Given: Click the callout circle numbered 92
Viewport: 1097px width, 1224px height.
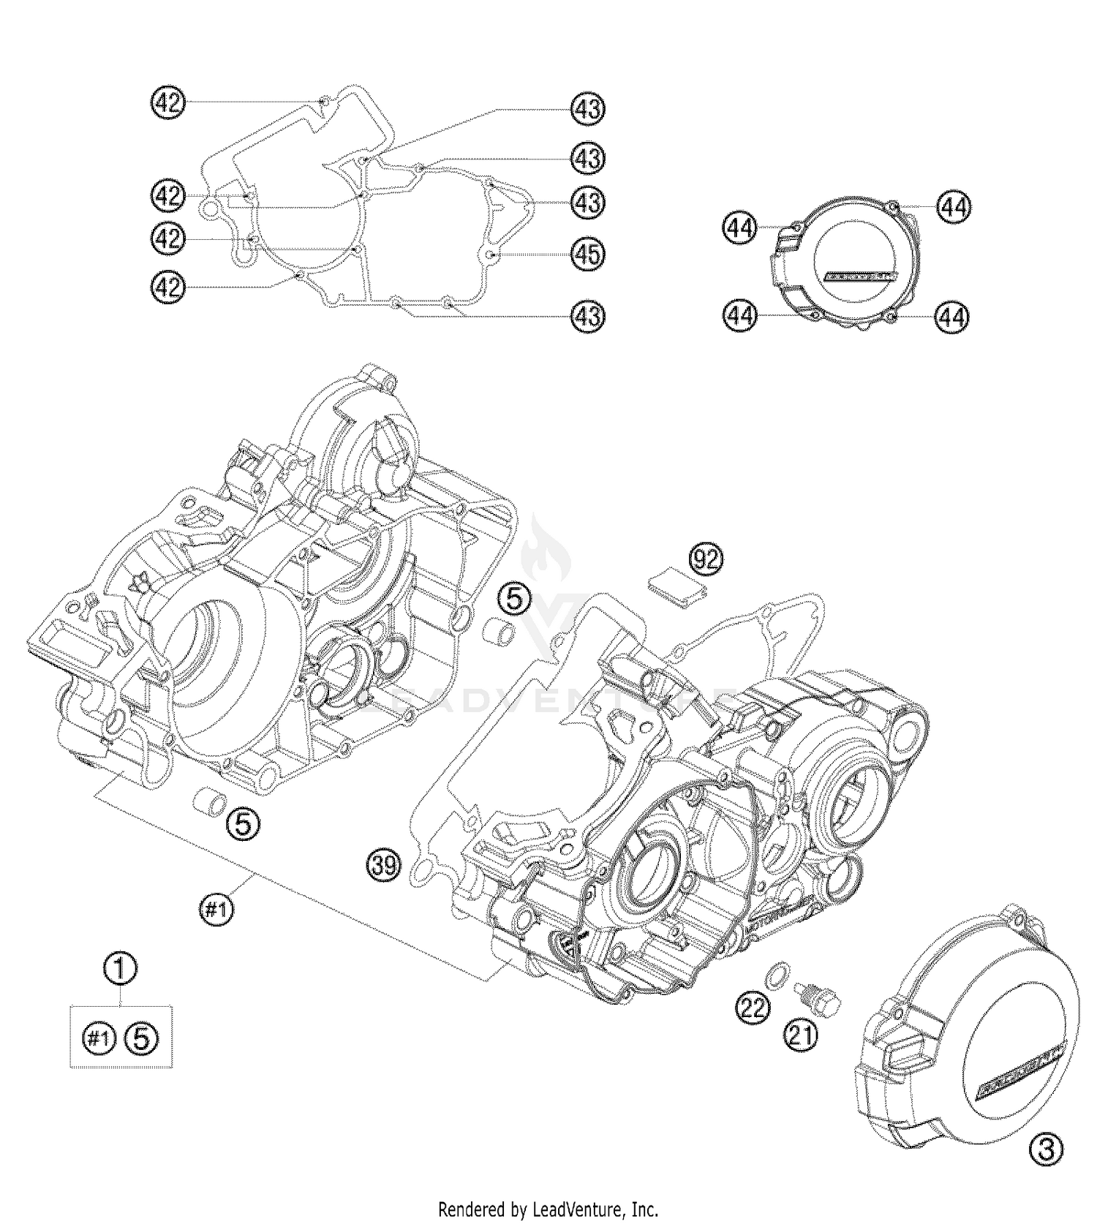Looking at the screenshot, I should click(706, 560).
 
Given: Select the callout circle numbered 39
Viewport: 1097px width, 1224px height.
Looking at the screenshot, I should click(384, 866).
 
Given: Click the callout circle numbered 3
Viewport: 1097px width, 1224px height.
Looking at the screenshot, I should click(1046, 1152).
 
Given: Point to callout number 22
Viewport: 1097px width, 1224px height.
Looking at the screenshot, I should click(753, 1008).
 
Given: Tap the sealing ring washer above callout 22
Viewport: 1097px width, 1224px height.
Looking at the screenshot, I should click(777, 974).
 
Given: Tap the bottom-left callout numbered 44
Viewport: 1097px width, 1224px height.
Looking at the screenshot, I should click(740, 317).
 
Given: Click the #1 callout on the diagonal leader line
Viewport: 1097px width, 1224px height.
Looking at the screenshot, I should click(216, 910).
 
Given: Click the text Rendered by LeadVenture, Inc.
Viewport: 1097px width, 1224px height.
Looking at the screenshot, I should click(548, 1209).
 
